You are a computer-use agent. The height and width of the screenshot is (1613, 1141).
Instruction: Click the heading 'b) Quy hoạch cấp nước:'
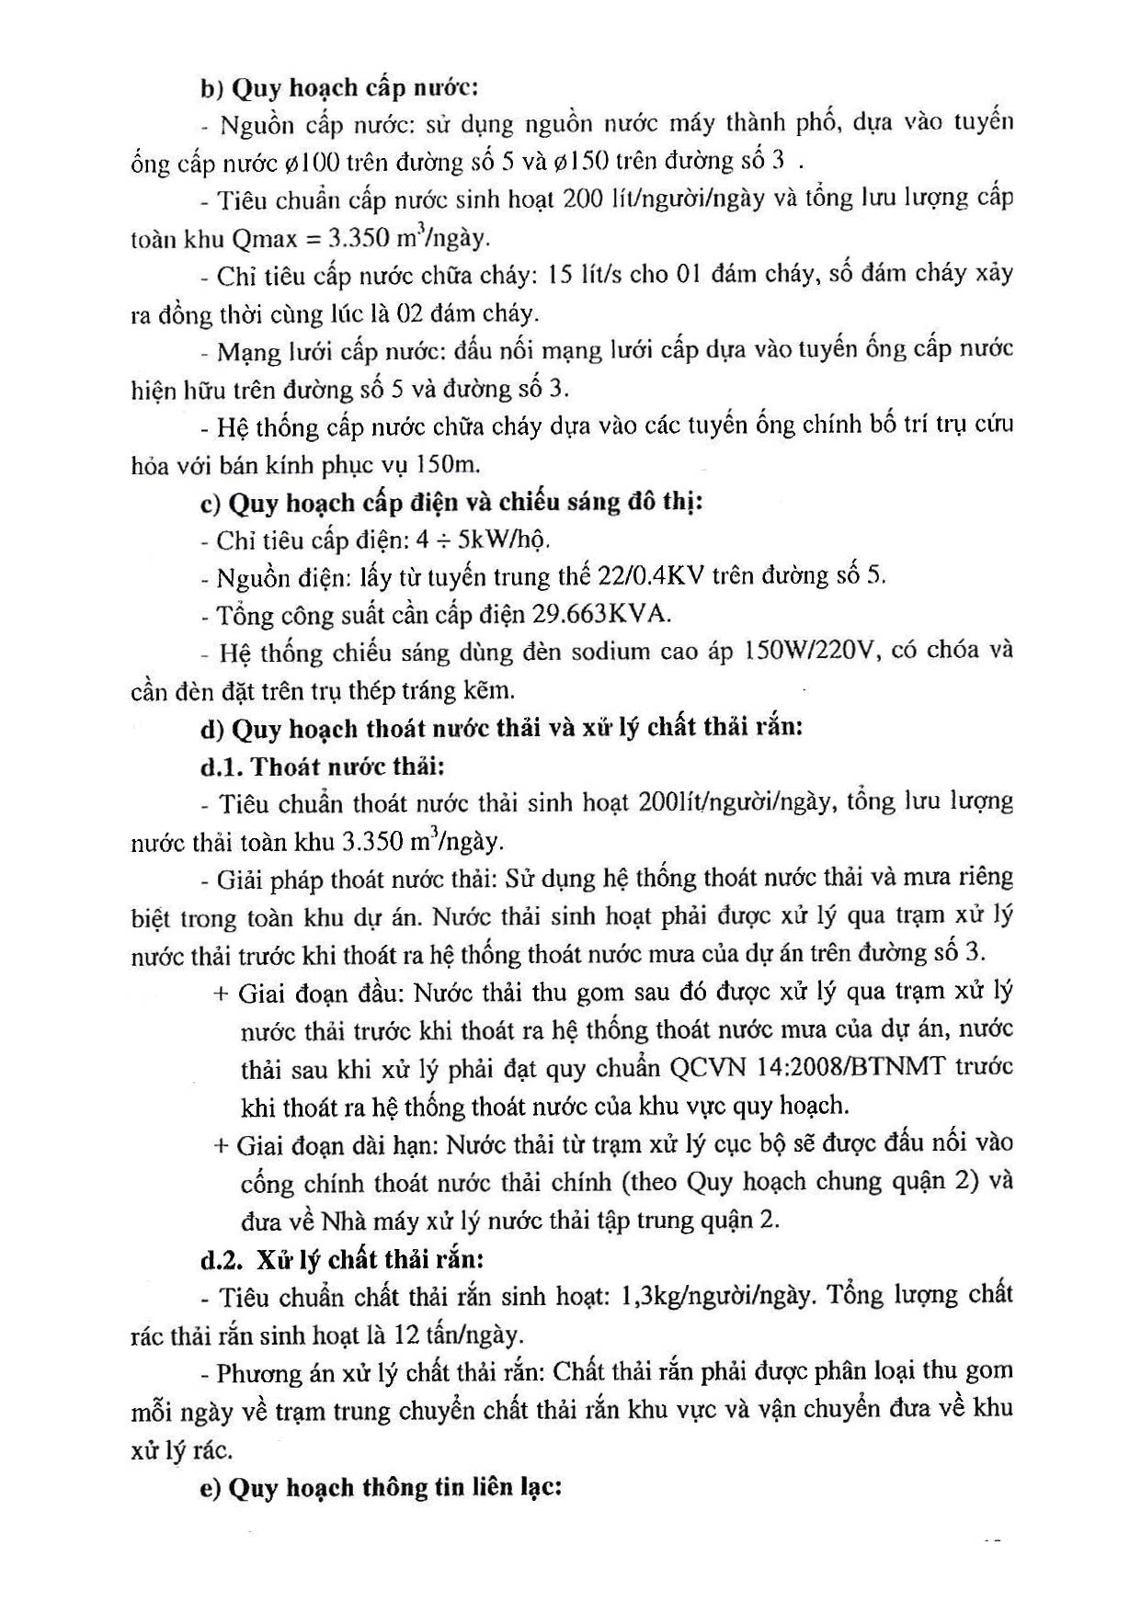point(339,89)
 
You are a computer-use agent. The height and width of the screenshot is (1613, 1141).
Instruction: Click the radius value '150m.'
point(449,464)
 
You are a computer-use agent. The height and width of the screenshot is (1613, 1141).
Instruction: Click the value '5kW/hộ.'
point(511,540)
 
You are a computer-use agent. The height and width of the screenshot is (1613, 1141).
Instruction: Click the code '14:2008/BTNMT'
point(850,1068)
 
